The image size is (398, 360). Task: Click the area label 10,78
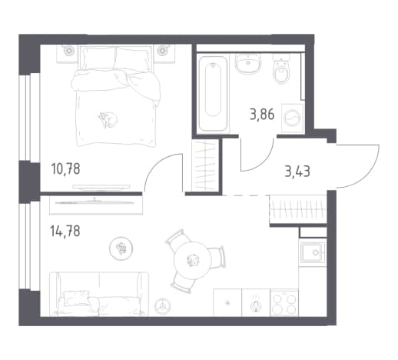(x=66, y=169)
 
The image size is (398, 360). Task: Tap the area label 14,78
(x=65, y=231)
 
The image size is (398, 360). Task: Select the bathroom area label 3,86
(x=262, y=115)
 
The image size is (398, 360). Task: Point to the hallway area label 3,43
(x=297, y=172)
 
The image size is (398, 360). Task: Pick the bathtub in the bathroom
(x=213, y=94)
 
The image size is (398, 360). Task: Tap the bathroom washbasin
(x=248, y=63)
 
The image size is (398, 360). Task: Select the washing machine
(x=293, y=118)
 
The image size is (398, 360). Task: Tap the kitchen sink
(x=313, y=253)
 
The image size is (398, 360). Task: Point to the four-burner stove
(x=284, y=303)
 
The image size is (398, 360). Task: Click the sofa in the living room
(x=99, y=294)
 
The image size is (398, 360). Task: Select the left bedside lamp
(x=68, y=51)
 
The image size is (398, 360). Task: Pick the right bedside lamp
(x=162, y=51)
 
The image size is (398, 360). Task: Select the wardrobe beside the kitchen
(x=298, y=209)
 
